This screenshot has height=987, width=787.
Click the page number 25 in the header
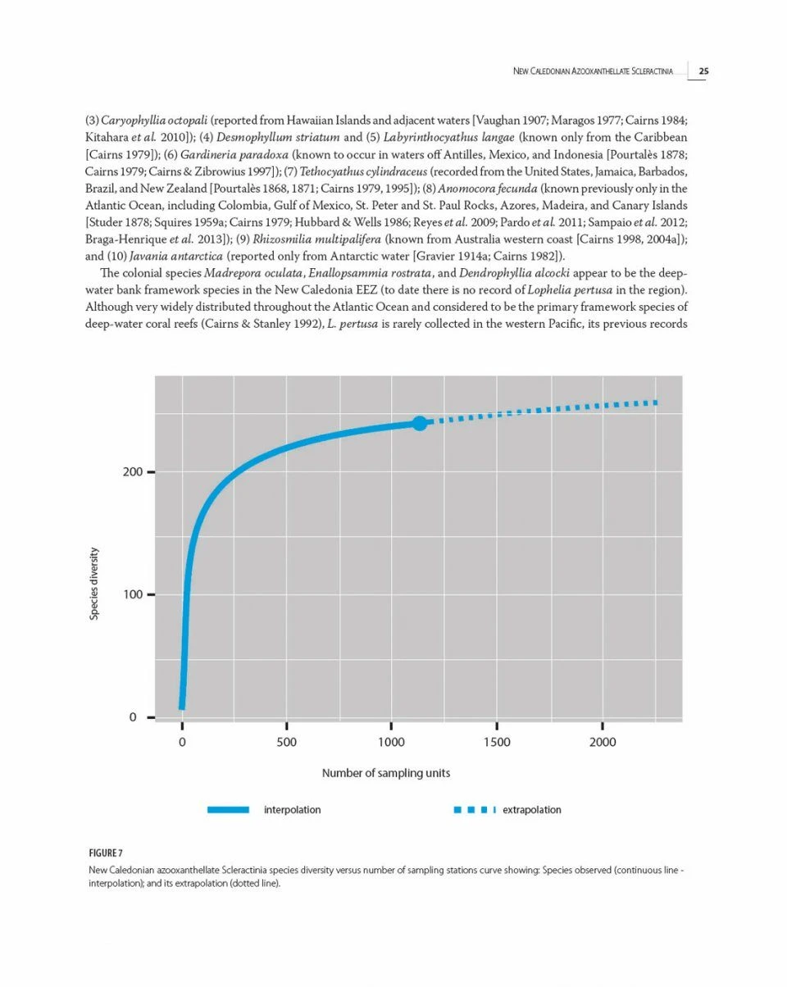(x=703, y=71)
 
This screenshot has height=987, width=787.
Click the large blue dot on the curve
(x=420, y=423)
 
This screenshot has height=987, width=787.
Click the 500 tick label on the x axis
(x=287, y=742)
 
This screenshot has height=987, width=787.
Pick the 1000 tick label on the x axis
(x=391, y=742)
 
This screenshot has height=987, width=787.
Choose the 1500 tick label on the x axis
(x=497, y=742)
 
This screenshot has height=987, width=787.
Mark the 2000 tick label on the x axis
(x=603, y=742)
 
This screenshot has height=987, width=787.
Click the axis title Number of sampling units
(x=385, y=773)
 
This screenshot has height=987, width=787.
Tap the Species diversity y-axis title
(x=94, y=584)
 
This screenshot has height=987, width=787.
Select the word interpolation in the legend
(x=292, y=810)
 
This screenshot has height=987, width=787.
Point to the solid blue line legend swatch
(x=228, y=810)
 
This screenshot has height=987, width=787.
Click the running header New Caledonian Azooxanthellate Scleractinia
(x=593, y=71)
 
